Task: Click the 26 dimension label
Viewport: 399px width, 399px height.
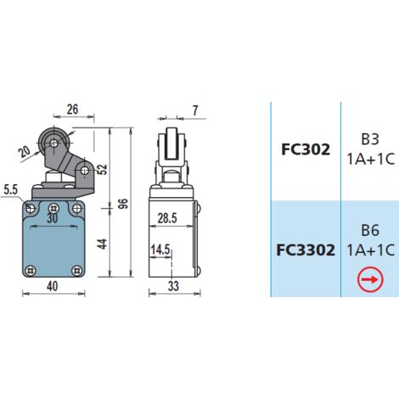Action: (x=72, y=110)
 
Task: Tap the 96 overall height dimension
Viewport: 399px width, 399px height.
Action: (x=123, y=204)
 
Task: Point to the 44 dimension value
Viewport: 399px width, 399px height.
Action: (x=103, y=244)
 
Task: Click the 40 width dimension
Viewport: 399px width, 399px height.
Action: (x=53, y=286)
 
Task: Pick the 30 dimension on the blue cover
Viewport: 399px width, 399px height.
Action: (x=53, y=218)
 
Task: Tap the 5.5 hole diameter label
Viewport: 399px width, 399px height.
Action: (x=11, y=189)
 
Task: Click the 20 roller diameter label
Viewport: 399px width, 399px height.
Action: (x=25, y=151)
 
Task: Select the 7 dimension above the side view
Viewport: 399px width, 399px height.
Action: (x=195, y=110)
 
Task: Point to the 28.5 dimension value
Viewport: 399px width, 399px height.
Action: (x=167, y=218)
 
